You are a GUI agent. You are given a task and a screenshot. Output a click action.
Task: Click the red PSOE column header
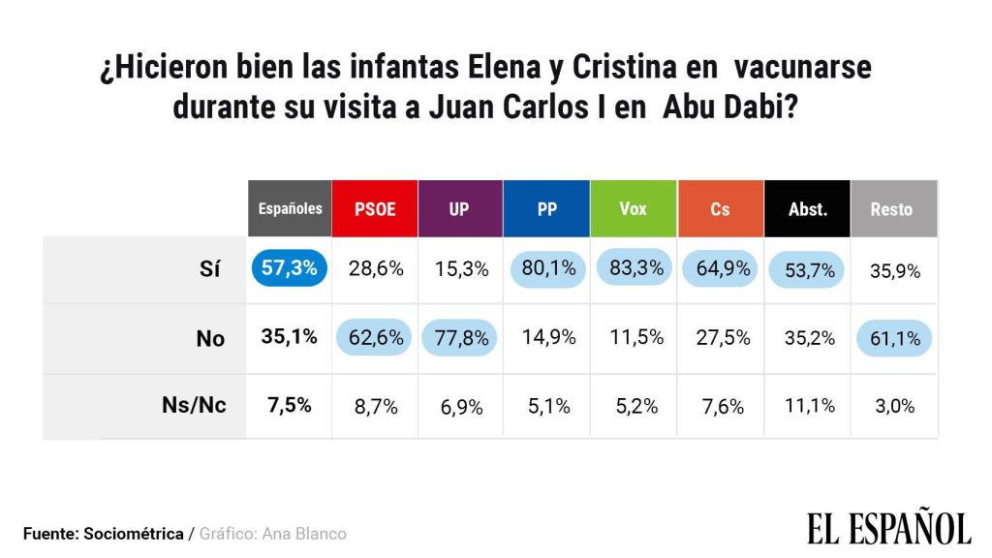(x=375, y=208)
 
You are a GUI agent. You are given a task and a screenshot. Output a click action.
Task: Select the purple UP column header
(x=459, y=208)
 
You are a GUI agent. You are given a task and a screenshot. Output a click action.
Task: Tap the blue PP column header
(x=546, y=208)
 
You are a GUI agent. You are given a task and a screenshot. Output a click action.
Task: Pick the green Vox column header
(x=633, y=208)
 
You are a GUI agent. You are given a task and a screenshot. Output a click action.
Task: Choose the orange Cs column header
(x=720, y=208)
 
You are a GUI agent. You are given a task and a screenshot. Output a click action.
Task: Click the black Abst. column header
(x=807, y=208)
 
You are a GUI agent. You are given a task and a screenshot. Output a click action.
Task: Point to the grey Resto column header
(x=892, y=208)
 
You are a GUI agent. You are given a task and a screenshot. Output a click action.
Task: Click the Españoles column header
(x=290, y=208)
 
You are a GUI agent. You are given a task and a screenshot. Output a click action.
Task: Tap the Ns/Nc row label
(x=194, y=405)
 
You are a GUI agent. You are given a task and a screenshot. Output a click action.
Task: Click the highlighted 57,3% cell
(x=290, y=269)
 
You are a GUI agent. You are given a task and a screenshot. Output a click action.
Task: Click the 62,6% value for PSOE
(x=375, y=337)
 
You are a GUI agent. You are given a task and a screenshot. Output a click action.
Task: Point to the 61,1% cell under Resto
(x=892, y=337)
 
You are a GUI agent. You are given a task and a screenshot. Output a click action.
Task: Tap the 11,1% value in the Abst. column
(x=807, y=406)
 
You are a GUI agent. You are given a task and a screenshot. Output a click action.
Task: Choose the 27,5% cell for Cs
(x=720, y=337)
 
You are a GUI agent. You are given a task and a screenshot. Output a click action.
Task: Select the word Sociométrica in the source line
(x=134, y=534)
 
